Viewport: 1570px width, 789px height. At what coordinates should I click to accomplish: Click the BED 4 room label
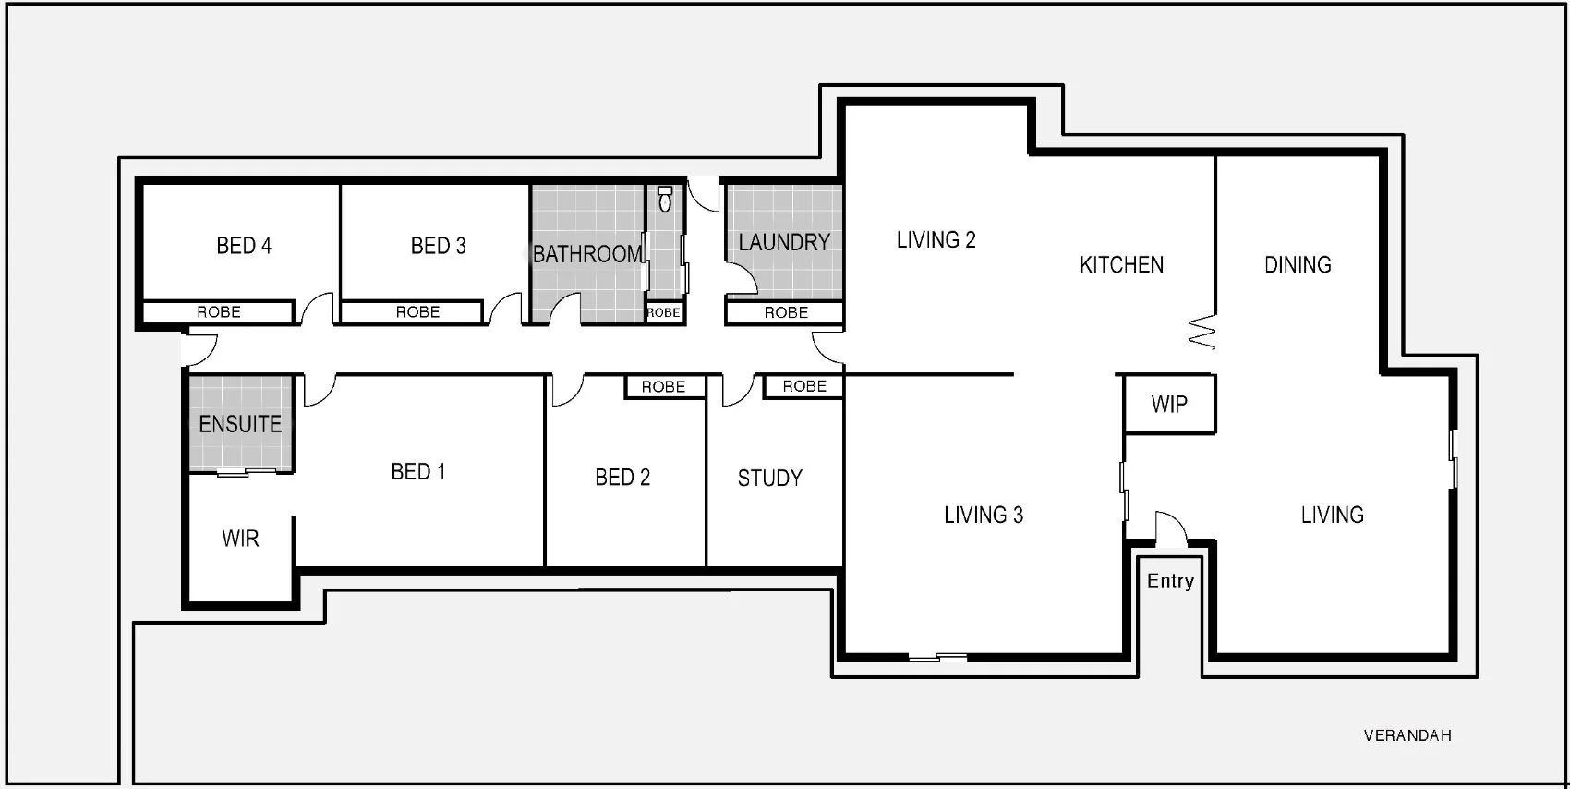tap(244, 246)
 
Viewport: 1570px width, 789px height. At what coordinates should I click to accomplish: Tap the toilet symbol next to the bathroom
tap(665, 199)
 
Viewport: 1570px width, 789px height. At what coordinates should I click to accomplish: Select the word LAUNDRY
tap(784, 243)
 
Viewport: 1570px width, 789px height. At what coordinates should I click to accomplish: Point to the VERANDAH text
tap(1407, 735)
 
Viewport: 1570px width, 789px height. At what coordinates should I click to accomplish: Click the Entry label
tap(1170, 581)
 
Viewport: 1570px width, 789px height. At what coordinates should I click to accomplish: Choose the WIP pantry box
tap(1169, 405)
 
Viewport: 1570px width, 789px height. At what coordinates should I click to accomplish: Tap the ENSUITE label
tap(240, 424)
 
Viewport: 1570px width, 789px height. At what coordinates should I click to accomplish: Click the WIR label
tap(240, 539)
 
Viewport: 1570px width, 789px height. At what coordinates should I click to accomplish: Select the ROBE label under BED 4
tap(219, 312)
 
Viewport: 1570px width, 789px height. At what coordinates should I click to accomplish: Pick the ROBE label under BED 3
tap(417, 312)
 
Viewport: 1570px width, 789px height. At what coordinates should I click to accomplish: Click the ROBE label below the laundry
tap(786, 313)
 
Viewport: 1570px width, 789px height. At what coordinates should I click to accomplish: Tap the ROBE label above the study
tap(804, 386)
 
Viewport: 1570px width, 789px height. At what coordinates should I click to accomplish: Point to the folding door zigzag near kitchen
tap(1202, 332)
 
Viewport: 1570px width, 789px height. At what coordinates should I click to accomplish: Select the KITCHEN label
tap(1121, 265)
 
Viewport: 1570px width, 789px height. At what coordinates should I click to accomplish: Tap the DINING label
tap(1298, 265)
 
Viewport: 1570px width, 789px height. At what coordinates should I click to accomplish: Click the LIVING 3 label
tap(983, 516)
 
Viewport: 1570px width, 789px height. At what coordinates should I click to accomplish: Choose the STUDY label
tap(769, 479)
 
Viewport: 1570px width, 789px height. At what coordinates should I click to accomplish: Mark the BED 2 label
tap(622, 478)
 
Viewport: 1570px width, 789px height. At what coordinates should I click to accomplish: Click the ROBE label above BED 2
tap(663, 387)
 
